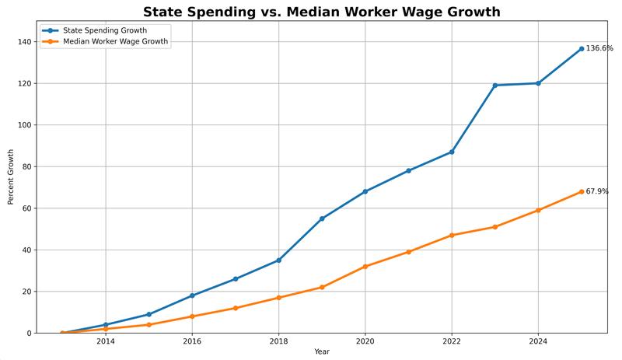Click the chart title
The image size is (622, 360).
point(321,12)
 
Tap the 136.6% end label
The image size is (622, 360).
point(599,48)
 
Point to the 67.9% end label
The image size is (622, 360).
point(597,191)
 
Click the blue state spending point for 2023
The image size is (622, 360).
point(495,85)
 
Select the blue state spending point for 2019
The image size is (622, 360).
point(322,218)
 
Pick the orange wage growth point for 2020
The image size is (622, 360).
point(365,267)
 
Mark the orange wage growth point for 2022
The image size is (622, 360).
point(452,235)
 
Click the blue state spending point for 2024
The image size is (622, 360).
point(538,83)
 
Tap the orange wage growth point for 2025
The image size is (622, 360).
point(582,191)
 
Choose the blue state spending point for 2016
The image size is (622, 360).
point(192,295)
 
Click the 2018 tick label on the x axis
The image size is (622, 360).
point(278,341)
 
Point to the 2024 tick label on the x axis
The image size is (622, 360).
point(538,341)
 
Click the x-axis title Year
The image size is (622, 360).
point(322,352)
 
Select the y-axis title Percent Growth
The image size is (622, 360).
point(11,177)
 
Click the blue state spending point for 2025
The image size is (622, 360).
point(582,49)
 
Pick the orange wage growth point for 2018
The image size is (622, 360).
point(278,298)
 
